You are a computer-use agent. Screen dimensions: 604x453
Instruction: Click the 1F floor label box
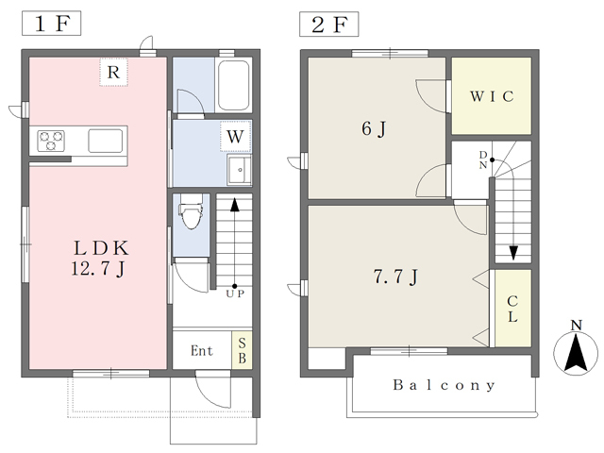[x=51, y=24]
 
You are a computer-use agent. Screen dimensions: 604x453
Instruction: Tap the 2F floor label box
[x=329, y=25]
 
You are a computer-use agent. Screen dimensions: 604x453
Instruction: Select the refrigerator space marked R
[x=113, y=72]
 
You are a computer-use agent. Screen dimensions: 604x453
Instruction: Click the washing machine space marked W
[x=235, y=136]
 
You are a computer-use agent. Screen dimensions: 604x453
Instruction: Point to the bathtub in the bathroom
[x=233, y=86]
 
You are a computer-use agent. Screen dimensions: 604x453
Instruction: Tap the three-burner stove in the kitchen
[x=51, y=141]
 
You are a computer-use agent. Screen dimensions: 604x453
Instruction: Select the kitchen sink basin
[x=105, y=141]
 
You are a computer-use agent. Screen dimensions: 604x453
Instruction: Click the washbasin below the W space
[x=239, y=170]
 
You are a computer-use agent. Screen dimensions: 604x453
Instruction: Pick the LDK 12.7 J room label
[x=100, y=258]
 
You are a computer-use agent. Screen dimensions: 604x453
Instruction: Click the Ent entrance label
[x=201, y=350]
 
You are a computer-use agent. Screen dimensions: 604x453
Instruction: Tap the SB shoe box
[x=242, y=350]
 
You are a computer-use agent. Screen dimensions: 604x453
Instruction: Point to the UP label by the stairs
[x=235, y=294]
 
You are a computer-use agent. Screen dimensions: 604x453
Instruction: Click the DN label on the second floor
[x=483, y=159]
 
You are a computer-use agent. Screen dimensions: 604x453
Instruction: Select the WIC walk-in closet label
[x=492, y=96]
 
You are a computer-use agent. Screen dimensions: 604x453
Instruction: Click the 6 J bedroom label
[x=374, y=128]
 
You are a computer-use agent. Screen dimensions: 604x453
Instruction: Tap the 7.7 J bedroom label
[x=395, y=277]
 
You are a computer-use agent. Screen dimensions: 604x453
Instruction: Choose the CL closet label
[x=512, y=309]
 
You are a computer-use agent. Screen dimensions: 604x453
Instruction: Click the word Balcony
[x=444, y=385]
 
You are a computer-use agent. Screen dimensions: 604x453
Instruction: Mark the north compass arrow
[x=576, y=352]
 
